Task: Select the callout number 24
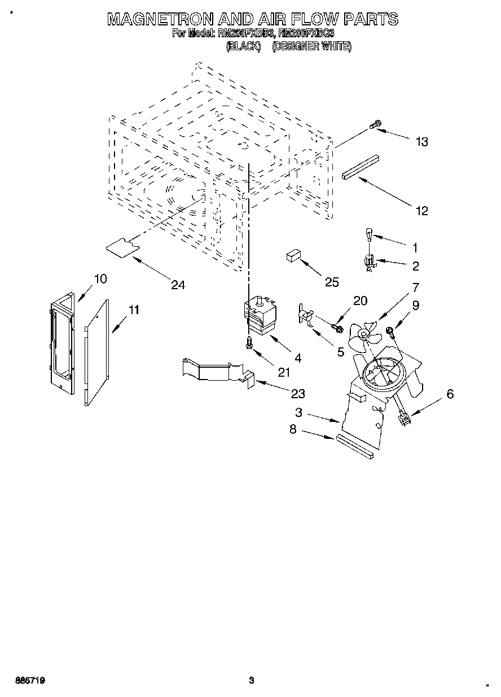click(x=178, y=285)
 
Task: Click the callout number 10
click(x=100, y=278)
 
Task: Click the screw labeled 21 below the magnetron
click(x=249, y=343)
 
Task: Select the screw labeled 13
click(x=375, y=125)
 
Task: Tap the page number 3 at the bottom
click(x=252, y=681)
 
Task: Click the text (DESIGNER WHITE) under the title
click(x=311, y=47)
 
